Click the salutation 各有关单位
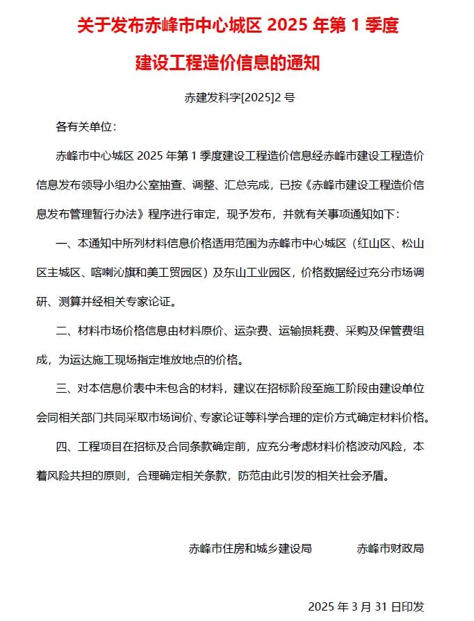point(85,127)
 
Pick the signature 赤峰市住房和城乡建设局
point(250,548)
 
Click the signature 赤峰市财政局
point(390,548)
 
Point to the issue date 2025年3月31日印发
point(365,606)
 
